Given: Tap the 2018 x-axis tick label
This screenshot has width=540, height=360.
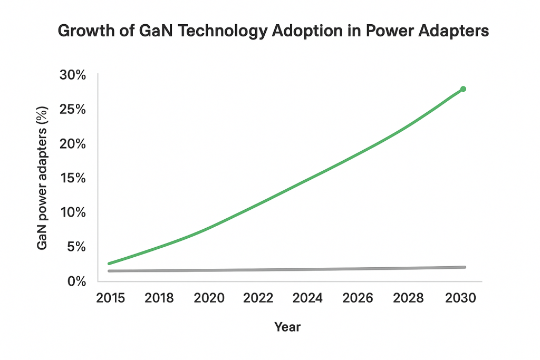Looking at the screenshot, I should coord(160,298).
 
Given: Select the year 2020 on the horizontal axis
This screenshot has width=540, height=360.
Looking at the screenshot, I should coord(209,298).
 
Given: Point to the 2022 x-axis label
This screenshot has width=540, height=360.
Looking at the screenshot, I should coord(258,298).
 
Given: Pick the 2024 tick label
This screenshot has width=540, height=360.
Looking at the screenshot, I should coord(308,298).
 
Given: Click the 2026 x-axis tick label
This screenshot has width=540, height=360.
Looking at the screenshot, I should coord(358,298).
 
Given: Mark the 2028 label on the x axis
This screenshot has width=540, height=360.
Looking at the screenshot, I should coord(408,298).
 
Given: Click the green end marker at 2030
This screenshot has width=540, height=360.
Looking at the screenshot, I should coord(463,89).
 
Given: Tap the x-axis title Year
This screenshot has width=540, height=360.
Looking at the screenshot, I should coord(287,327).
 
